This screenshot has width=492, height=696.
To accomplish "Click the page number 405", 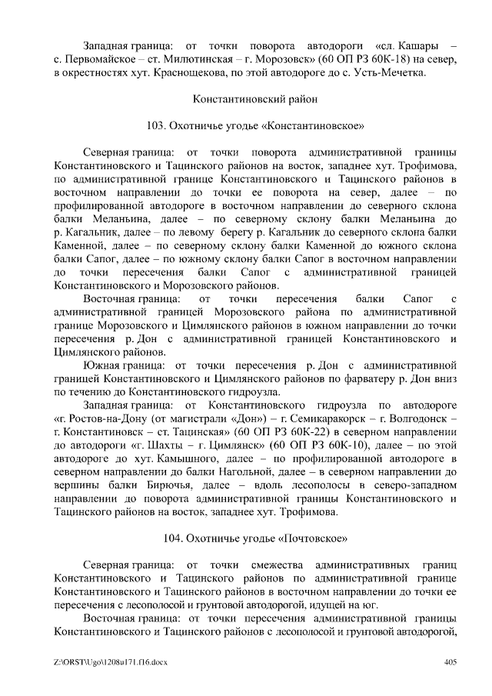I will (x=451, y=663).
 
